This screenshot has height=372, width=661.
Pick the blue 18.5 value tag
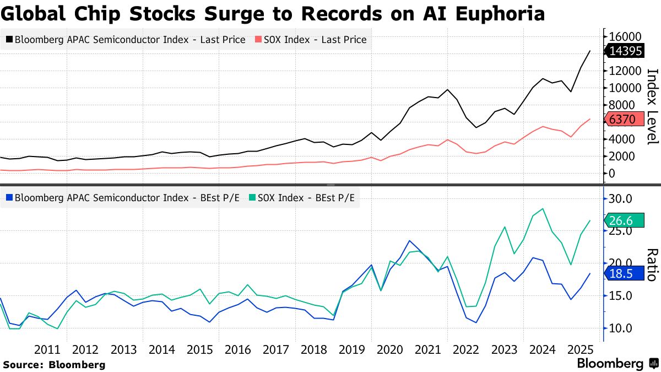(x=624, y=273)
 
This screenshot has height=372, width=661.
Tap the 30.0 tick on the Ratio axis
(x=622, y=198)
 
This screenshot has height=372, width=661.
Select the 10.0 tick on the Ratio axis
(x=622, y=328)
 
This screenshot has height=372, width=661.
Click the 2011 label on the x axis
(x=47, y=349)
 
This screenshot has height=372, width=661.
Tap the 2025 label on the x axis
(x=580, y=349)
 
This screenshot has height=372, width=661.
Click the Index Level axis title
(x=652, y=106)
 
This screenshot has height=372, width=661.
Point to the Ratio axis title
(x=652, y=265)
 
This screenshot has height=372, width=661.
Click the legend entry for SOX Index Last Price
(x=310, y=40)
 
